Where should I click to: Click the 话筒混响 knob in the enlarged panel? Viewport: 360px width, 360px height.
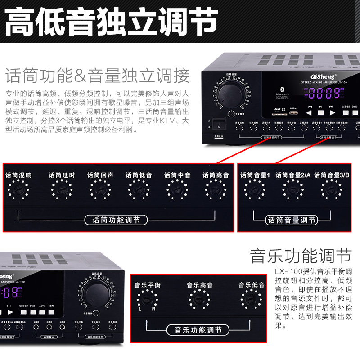[x=18, y=190]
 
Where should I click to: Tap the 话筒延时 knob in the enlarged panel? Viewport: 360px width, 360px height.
[x=62, y=190]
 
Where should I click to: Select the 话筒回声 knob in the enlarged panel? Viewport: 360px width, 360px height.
[x=100, y=190]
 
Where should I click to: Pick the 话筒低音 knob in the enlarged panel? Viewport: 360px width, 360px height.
[x=139, y=190]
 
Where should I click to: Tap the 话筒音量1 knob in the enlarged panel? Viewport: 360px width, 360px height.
[x=255, y=190]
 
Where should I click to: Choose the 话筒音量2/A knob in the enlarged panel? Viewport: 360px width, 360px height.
[x=292, y=190]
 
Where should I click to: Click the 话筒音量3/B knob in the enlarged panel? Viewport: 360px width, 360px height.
[x=331, y=190]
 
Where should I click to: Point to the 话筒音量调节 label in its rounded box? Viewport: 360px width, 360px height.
[x=292, y=220]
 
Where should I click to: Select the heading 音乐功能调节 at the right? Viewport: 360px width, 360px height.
[x=300, y=256]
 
